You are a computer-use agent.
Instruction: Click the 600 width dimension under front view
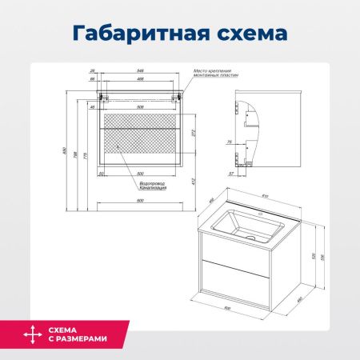[x=141, y=200]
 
